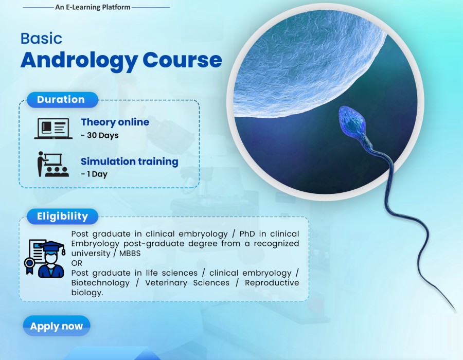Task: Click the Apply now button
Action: coord(57,326)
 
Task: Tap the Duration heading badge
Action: coord(62,100)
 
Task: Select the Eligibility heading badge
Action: coord(62,217)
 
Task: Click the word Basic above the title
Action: coord(41,39)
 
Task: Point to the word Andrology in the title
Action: coord(79,61)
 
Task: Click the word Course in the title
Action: coord(182,60)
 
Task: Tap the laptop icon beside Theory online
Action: coord(53,129)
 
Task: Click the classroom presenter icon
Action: coord(53,165)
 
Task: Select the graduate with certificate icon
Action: coord(45,259)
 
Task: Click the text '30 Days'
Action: coord(103,135)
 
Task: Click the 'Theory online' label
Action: coord(115,122)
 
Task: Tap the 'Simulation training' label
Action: coord(129,161)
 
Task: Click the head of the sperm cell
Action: coord(353,121)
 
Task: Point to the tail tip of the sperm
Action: coord(456,311)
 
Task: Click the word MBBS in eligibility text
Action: coord(130,254)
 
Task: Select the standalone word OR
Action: coord(77,263)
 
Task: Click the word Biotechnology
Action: coord(100,283)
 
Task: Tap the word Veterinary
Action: coord(166,283)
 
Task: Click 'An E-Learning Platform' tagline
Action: coord(93,7)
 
